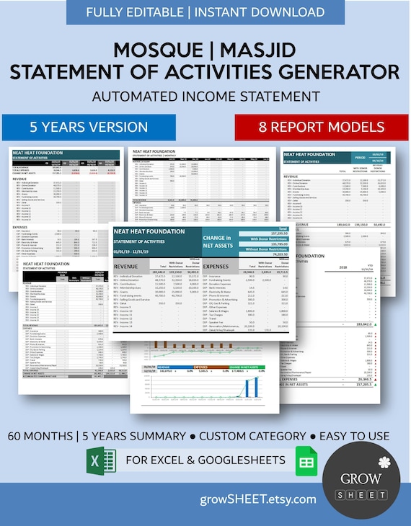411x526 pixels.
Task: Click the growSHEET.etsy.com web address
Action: tap(259, 499)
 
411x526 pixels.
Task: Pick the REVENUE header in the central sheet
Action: tap(131, 266)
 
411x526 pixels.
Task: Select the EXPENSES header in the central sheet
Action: tap(216, 266)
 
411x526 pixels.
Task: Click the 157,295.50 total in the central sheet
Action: tap(274, 233)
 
